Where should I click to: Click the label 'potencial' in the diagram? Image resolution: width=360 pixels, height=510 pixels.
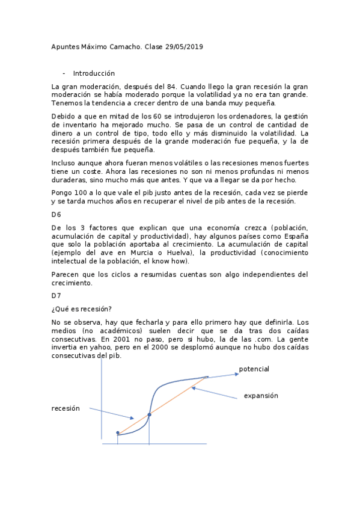[254, 369]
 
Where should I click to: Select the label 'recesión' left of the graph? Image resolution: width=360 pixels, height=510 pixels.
[66, 408]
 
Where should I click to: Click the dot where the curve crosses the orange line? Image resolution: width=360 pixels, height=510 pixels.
[149, 414]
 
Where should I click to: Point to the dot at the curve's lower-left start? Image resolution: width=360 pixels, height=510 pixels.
[118, 432]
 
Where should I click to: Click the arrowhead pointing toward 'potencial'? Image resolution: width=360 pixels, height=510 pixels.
[235, 373]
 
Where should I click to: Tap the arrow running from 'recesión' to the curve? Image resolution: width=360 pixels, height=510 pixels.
[111, 413]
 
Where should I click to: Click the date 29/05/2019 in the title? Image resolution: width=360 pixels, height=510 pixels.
[183, 48]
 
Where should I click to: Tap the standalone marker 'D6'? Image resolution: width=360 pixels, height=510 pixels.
[56, 214]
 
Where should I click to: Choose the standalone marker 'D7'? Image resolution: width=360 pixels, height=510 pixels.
[56, 295]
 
